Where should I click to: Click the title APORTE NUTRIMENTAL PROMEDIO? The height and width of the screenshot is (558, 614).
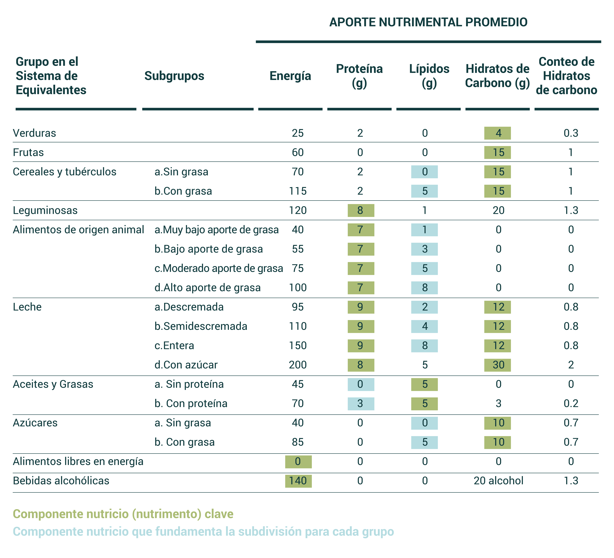coord(428,22)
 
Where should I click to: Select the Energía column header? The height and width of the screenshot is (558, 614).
coord(290,76)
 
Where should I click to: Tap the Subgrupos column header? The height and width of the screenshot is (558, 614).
coord(174,76)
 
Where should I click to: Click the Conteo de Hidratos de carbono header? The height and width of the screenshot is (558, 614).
coord(566,76)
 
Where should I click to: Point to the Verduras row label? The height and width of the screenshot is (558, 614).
coord(34,133)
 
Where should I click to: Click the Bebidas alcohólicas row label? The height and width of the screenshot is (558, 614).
coord(61,481)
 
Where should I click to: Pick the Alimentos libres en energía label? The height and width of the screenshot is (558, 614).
coord(78,461)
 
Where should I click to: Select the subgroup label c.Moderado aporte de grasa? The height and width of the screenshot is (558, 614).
coord(219,268)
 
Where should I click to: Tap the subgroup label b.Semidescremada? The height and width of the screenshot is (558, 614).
coord(201,326)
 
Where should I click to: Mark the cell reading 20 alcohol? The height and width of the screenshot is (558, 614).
coord(498,481)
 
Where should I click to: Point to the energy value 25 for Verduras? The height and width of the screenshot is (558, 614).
coord(298,133)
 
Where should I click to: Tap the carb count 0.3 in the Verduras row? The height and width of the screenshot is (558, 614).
coord(571,133)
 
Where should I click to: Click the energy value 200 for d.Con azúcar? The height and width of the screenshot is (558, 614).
coord(298,365)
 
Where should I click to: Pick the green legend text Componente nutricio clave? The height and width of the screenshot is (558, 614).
coord(123,514)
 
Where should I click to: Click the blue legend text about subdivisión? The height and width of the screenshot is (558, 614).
coord(203,532)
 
